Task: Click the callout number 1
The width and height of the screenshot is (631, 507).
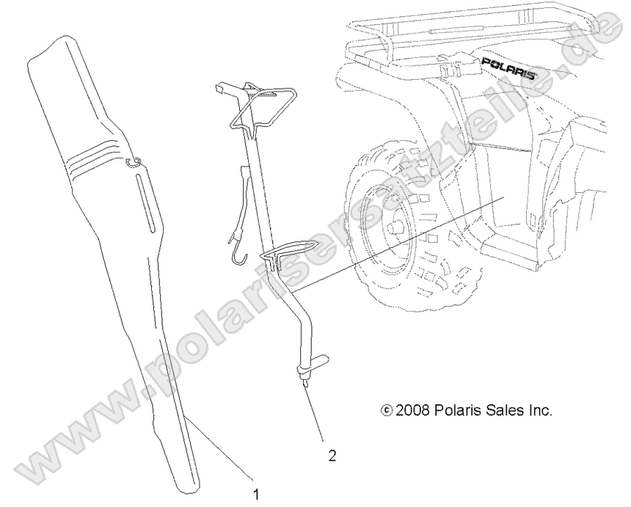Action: pyautogui.click(x=256, y=493)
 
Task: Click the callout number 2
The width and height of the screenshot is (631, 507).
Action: pyautogui.click(x=332, y=456)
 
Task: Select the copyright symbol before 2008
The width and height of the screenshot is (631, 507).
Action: pyautogui.click(x=387, y=410)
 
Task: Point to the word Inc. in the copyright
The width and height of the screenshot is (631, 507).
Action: pyautogui.click(x=539, y=410)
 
